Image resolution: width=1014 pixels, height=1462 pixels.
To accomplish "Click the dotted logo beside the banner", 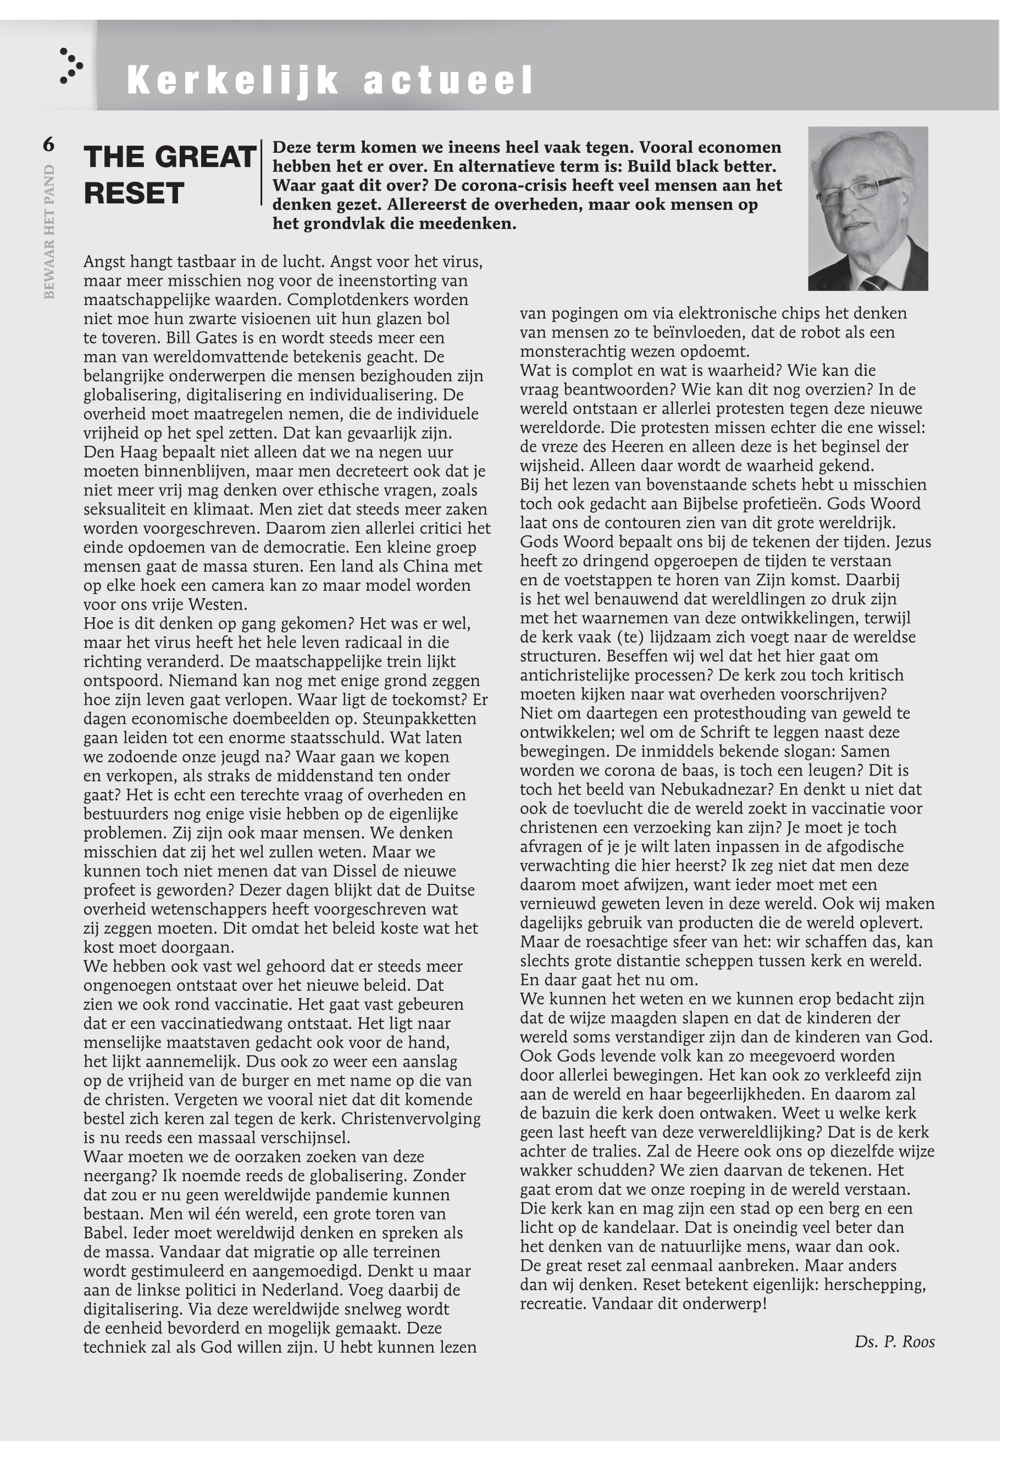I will click(x=70, y=65).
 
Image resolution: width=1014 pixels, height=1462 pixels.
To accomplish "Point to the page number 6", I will click(x=49, y=145).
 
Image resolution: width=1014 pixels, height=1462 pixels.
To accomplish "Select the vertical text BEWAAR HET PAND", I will click(x=49, y=232).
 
